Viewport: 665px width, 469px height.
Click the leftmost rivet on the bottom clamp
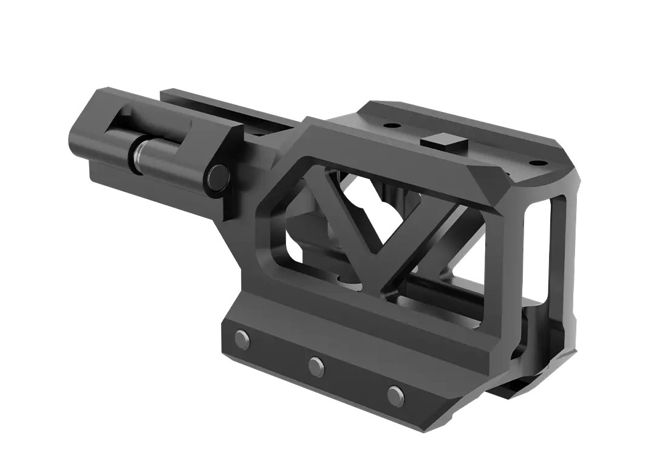click(x=242, y=339)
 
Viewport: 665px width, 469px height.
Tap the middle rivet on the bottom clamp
click(x=316, y=366)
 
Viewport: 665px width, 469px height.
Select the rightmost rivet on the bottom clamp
click(x=395, y=395)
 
